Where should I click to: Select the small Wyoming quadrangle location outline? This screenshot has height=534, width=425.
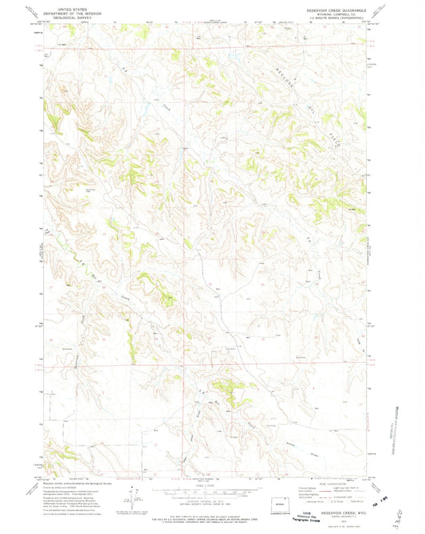tap(279, 505)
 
